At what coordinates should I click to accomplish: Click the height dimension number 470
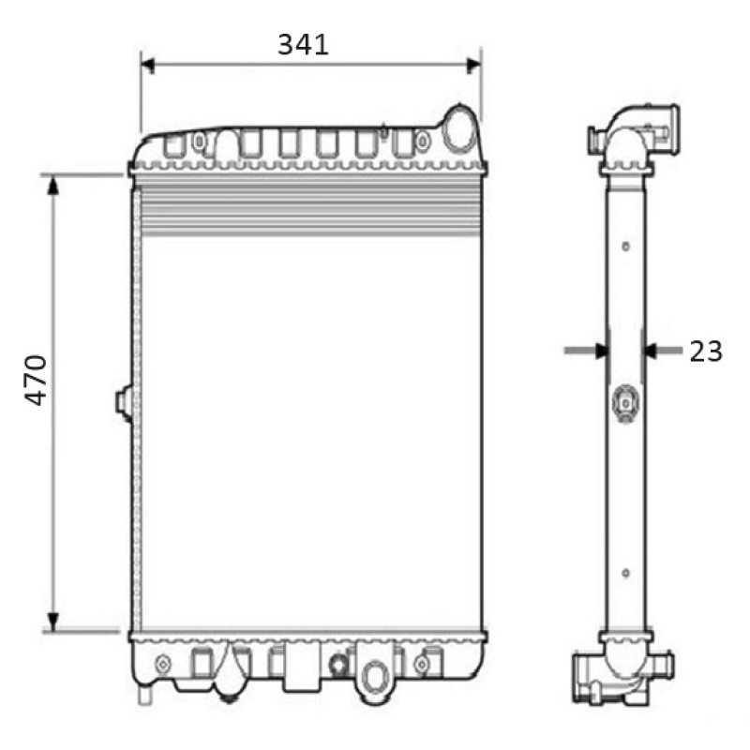[x=36, y=379]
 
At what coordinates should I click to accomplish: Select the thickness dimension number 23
[x=706, y=351]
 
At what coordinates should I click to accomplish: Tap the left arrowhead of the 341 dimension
[x=147, y=65]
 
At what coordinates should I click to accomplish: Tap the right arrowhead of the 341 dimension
[x=473, y=65]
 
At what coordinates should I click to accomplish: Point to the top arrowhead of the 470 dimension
[x=54, y=184]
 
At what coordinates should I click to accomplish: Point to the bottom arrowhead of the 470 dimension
[x=54, y=622]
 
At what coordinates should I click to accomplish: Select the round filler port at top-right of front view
[x=460, y=130]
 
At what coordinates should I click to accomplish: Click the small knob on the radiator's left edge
[x=123, y=401]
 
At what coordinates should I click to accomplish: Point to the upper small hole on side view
[x=625, y=247]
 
